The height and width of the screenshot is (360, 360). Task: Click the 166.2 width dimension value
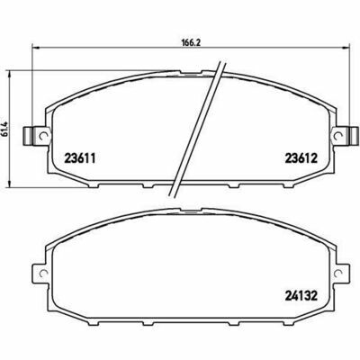click(191, 42)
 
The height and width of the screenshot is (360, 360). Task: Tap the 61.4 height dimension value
click(4, 130)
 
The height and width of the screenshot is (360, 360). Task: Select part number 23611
click(80, 158)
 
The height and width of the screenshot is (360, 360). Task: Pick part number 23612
click(301, 158)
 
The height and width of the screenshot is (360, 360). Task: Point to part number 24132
click(301, 296)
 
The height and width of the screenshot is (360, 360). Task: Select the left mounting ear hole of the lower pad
click(44, 273)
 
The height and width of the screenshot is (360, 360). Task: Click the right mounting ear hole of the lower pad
click(337, 273)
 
